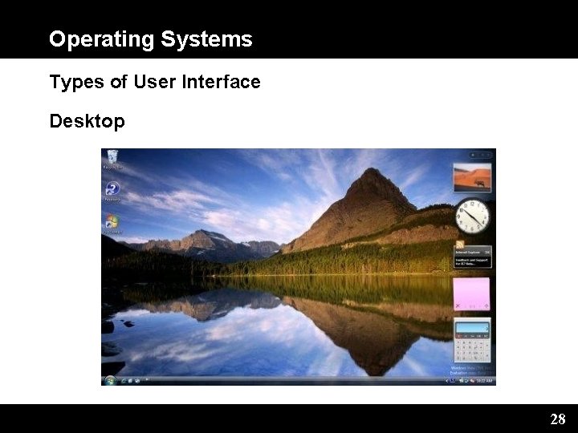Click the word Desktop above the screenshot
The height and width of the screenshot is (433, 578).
[x=87, y=122]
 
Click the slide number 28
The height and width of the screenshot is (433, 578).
[x=558, y=419]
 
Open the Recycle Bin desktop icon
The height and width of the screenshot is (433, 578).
[x=112, y=157]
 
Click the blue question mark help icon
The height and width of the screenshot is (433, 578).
[x=112, y=189]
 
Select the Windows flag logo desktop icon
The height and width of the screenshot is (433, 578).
[x=112, y=221]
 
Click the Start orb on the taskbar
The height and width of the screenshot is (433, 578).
[x=110, y=379]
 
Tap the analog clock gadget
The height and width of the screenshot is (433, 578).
[x=472, y=216]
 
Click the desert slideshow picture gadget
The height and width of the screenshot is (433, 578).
[x=472, y=178]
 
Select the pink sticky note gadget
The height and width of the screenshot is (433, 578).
[x=472, y=294]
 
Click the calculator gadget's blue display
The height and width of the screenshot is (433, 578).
[x=472, y=327]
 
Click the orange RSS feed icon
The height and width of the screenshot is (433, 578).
[x=460, y=244]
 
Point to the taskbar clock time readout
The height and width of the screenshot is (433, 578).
[x=482, y=380]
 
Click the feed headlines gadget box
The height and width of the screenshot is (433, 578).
[x=473, y=257]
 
